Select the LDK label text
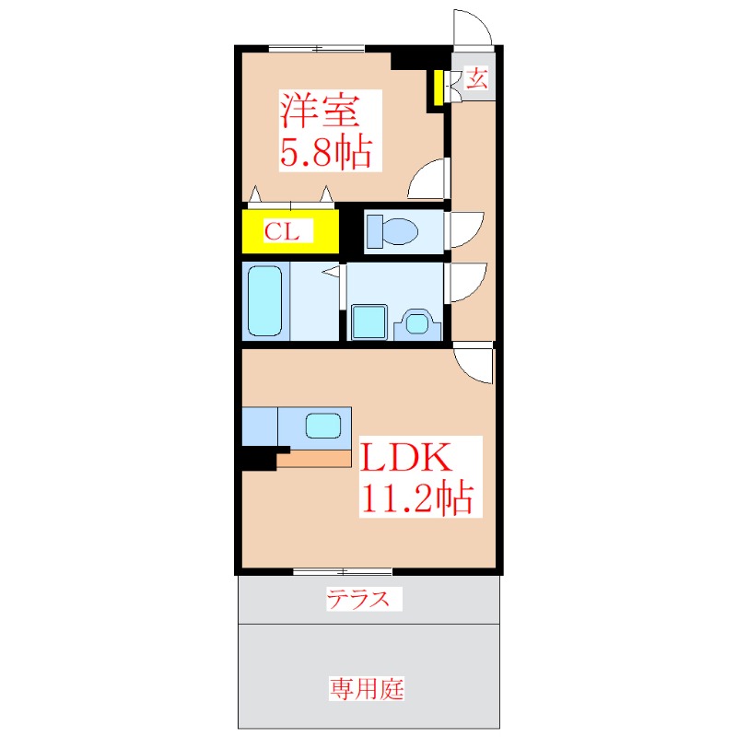tap(404, 459)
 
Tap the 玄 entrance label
tap(475, 78)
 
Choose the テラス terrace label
tap(364, 601)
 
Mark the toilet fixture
tap(392, 230)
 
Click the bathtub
tap(265, 300)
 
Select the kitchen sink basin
tap(323, 427)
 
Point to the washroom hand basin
tap(416, 323)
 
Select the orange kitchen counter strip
tap(314, 458)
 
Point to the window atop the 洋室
tap(316, 48)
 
